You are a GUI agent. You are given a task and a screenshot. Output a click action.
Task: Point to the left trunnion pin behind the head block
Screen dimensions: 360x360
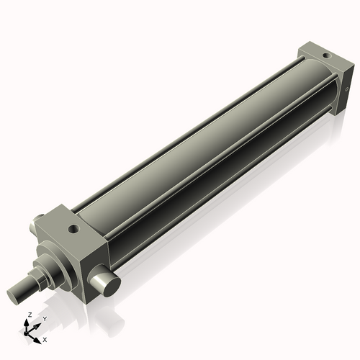click(x=32, y=228)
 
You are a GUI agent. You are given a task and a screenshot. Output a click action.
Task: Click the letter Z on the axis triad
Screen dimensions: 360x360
click(x=28, y=315)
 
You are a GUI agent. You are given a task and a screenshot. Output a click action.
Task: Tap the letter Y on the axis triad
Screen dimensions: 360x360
click(x=44, y=318)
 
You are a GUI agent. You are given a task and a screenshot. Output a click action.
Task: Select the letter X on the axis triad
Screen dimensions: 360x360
click(x=45, y=338)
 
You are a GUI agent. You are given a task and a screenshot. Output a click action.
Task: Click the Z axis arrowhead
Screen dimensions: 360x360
click(x=28, y=322)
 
